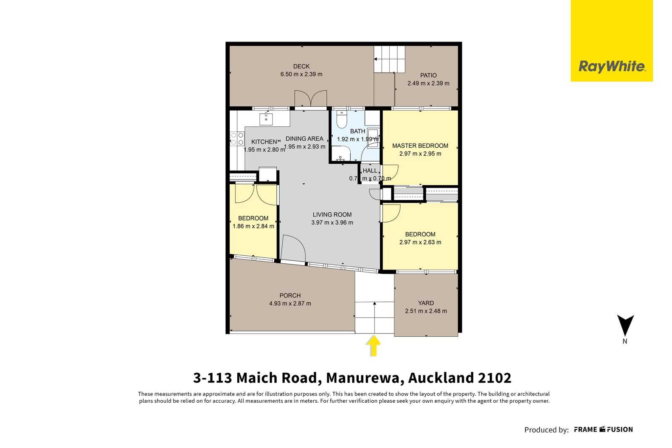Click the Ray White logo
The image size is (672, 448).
click(612, 41)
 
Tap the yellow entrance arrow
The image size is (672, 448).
click(373, 346)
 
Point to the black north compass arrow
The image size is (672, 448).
click(625, 325)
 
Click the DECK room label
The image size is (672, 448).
click(301, 66)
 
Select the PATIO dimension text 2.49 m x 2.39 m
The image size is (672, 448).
click(428, 84)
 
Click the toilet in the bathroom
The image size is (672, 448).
click(341, 119)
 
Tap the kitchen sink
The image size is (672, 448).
click(266, 119)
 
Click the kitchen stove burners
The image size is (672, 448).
click(237, 139)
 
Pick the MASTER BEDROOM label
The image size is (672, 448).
click(420, 146)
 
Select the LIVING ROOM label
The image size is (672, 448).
click(332, 215)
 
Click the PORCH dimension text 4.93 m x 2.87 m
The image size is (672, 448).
click(290, 304)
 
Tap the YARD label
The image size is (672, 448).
click(426, 303)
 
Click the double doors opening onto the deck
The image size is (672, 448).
click(310, 99)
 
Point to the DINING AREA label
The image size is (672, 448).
click(304, 139)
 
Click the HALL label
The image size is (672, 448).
click(370, 170)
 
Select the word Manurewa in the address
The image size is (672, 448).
click(363, 378)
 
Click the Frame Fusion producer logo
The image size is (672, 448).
click(603, 430)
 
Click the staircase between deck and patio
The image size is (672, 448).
click(389, 59)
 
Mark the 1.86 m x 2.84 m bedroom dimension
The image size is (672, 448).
click(253, 226)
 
